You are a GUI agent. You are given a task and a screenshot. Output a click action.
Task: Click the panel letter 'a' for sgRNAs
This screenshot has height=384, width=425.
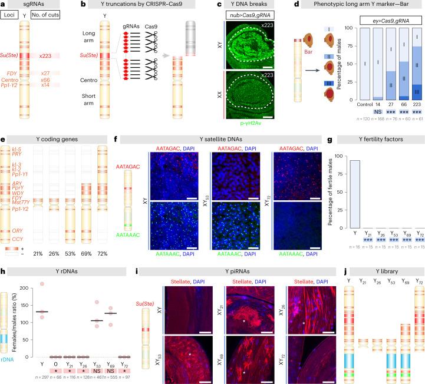coord(3,4)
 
